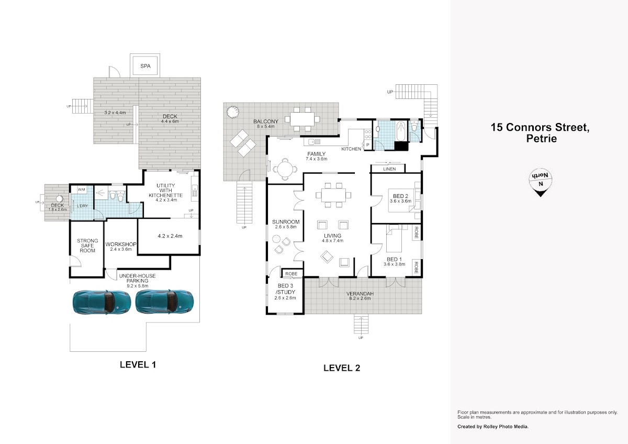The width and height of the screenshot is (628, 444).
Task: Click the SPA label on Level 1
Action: click(x=145, y=66)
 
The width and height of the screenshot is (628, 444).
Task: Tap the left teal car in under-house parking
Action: click(x=102, y=302)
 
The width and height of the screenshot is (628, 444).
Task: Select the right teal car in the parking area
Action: click(x=164, y=302)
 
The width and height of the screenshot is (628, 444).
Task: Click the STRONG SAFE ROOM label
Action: click(x=87, y=246)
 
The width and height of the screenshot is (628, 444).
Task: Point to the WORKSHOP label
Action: click(x=121, y=245)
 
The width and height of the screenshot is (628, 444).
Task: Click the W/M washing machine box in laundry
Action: click(x=81, y=190)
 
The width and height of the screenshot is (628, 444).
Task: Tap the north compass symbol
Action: click(x=540, y=182)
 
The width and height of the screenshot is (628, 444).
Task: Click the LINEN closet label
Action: click(x=389, y=169)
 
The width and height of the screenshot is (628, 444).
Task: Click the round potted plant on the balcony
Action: click(x=233, y=112)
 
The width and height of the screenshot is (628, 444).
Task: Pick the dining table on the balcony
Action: click(x=302, y=119)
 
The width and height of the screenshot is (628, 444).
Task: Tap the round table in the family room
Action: click(x=285, y=170)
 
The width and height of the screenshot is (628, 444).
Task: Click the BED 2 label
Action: click(x=400, y=196)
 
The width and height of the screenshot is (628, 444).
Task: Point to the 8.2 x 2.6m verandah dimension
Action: click(x=360, y=298)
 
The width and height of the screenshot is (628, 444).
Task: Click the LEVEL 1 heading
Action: click(x=138, y=364)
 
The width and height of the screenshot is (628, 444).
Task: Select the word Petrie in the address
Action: click(x=541, y=139)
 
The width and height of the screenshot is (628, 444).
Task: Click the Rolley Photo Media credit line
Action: click(x=493, y=427)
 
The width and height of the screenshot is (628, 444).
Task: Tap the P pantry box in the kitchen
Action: click(x=368, y=145)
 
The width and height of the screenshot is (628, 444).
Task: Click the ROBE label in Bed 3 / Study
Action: click(x=291, y=274)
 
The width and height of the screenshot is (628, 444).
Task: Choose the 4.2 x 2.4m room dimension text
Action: click(x=170, y=236)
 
